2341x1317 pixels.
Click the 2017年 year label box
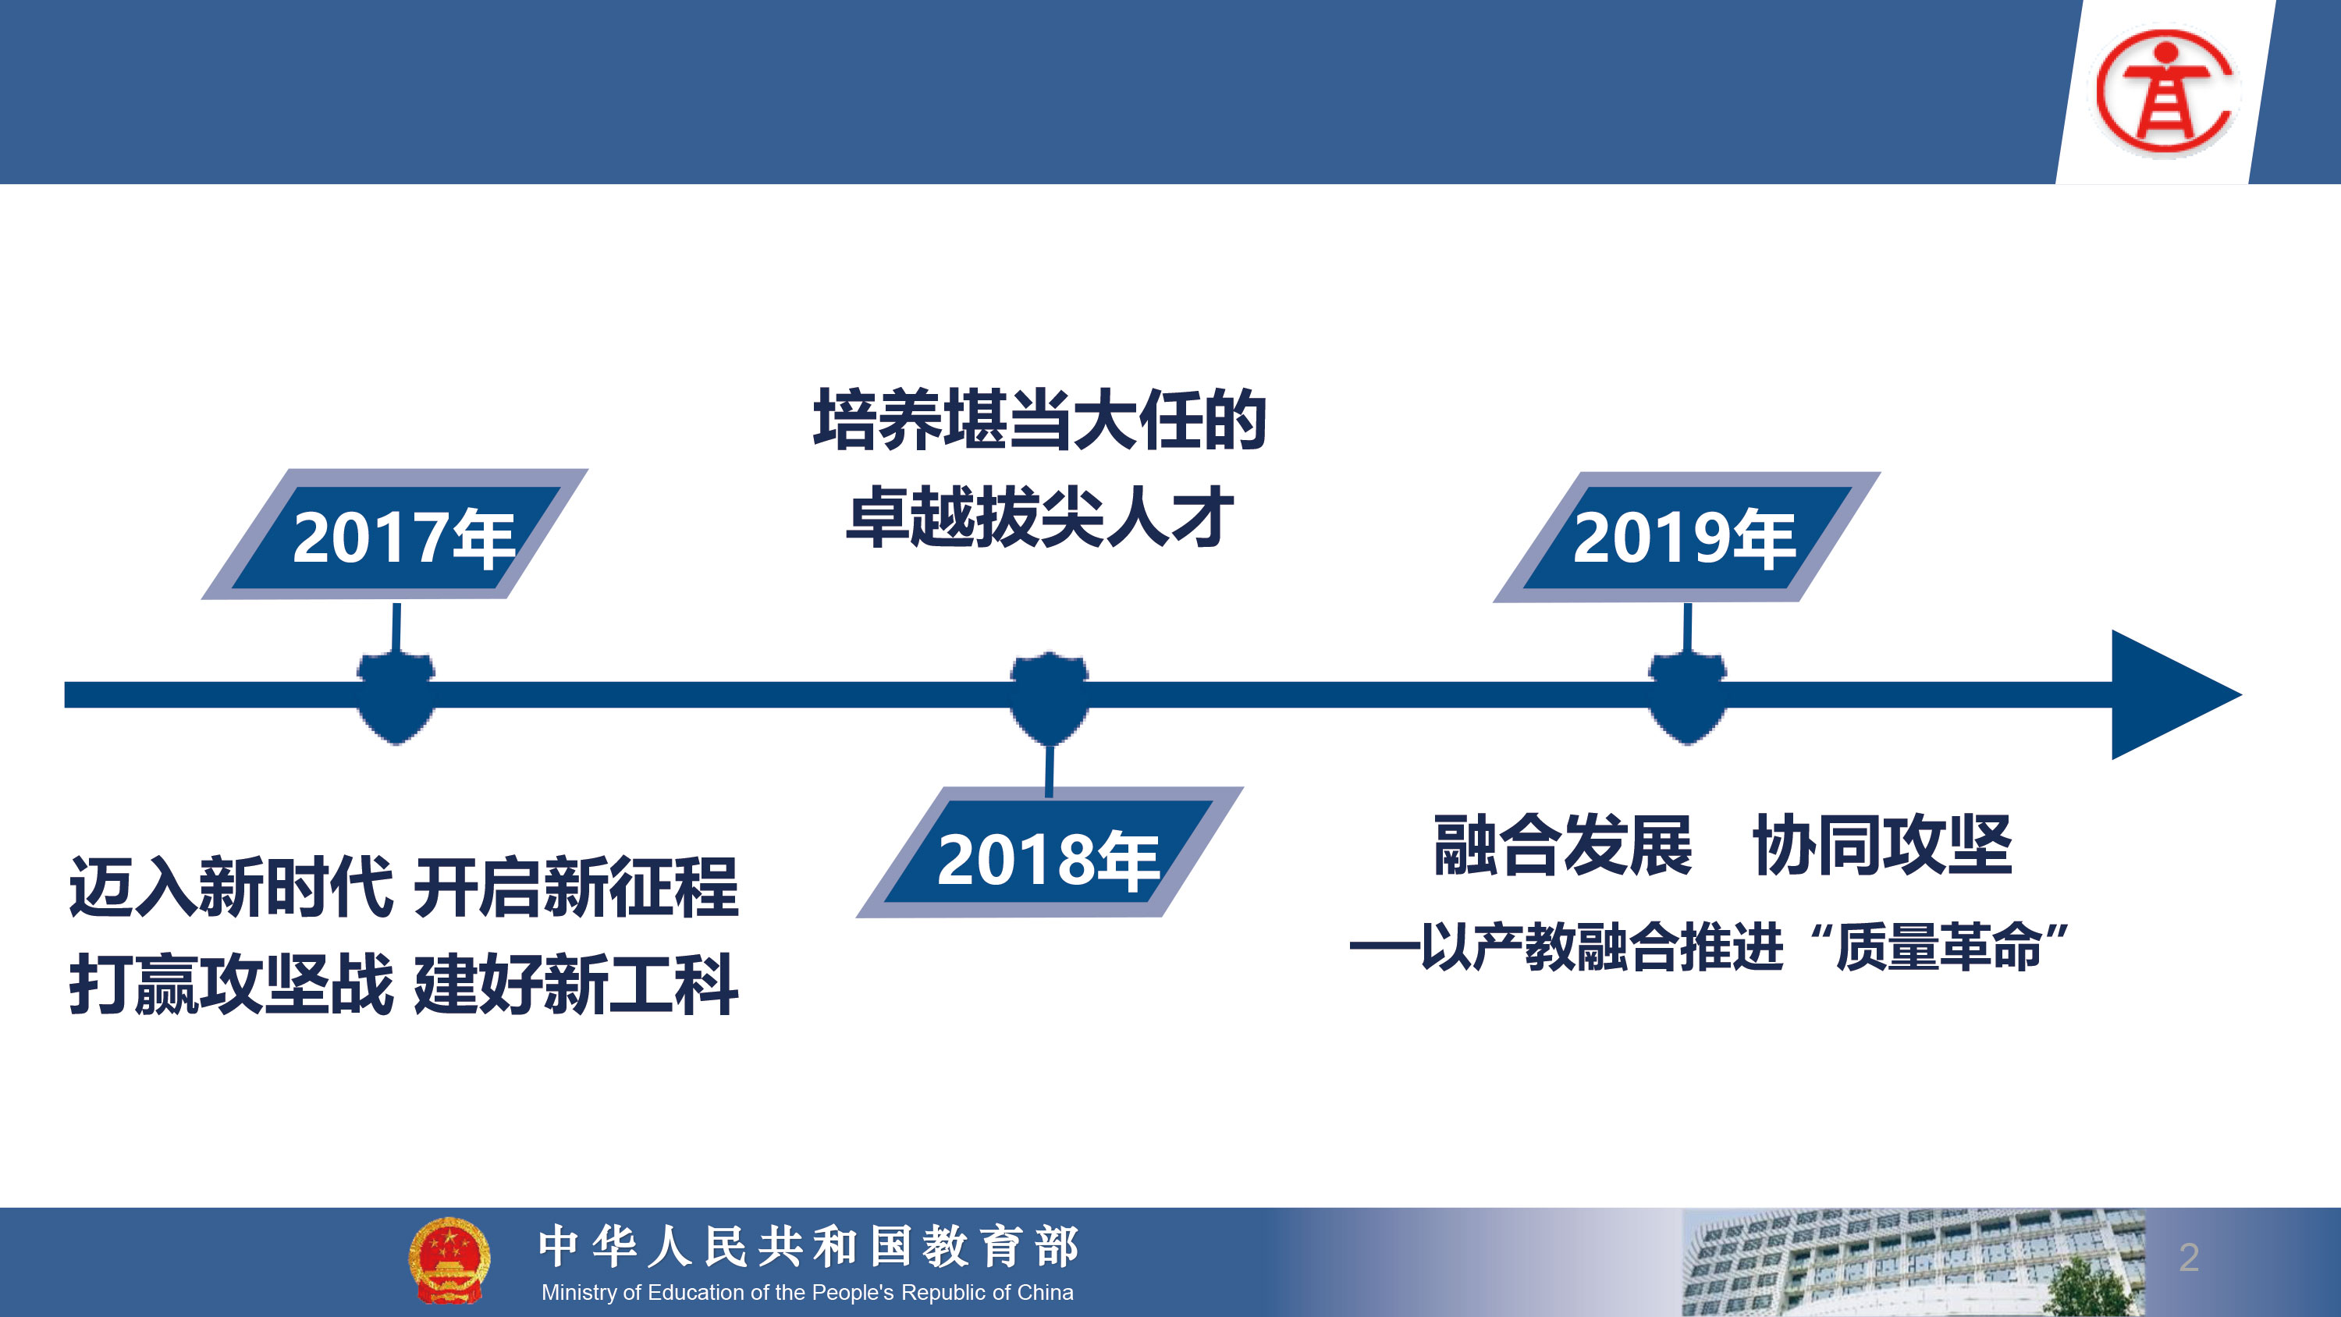394,534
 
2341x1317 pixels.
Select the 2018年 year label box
1050,853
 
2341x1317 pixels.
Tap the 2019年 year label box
1686,537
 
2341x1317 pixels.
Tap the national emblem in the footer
449,1260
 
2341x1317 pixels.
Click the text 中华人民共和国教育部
808,1246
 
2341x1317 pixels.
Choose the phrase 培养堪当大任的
1039,420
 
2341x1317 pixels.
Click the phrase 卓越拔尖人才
1039,517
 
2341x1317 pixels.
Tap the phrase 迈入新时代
231,887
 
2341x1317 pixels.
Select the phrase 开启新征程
576,887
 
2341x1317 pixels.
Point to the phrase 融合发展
1563,845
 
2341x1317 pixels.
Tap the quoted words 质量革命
1939,947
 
